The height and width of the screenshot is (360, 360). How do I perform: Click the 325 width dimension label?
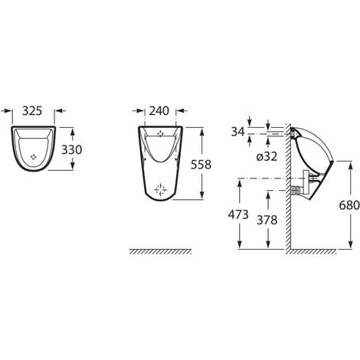(33, 111)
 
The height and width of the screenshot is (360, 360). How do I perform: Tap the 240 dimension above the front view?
(159, 111)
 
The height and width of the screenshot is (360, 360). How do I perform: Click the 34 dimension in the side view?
(237, 133)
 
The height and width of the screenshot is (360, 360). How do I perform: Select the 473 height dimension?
(239, 215)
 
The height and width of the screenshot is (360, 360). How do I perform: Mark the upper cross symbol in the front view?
(159, 135)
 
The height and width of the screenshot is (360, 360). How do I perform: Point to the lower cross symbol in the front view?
(159, 187)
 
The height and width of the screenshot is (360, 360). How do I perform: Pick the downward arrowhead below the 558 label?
(201, 196)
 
